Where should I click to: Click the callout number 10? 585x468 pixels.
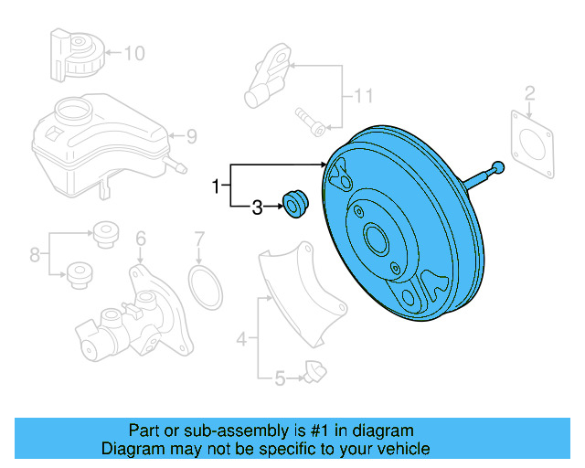coord(133,53)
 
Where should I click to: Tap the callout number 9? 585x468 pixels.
coord(191,137)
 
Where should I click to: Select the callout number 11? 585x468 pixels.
coord(365,95)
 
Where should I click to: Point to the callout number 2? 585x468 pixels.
coord(529,91)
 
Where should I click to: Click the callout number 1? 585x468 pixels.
coord(217,186)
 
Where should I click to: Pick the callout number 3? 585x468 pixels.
coord(258,208)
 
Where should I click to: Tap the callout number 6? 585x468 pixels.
coord(141,239)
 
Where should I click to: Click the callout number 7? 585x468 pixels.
coord(199,240)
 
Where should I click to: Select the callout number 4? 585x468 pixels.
coord(241,340)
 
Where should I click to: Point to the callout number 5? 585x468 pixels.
coord(282,375)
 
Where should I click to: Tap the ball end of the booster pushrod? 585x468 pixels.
coord(497,166)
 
